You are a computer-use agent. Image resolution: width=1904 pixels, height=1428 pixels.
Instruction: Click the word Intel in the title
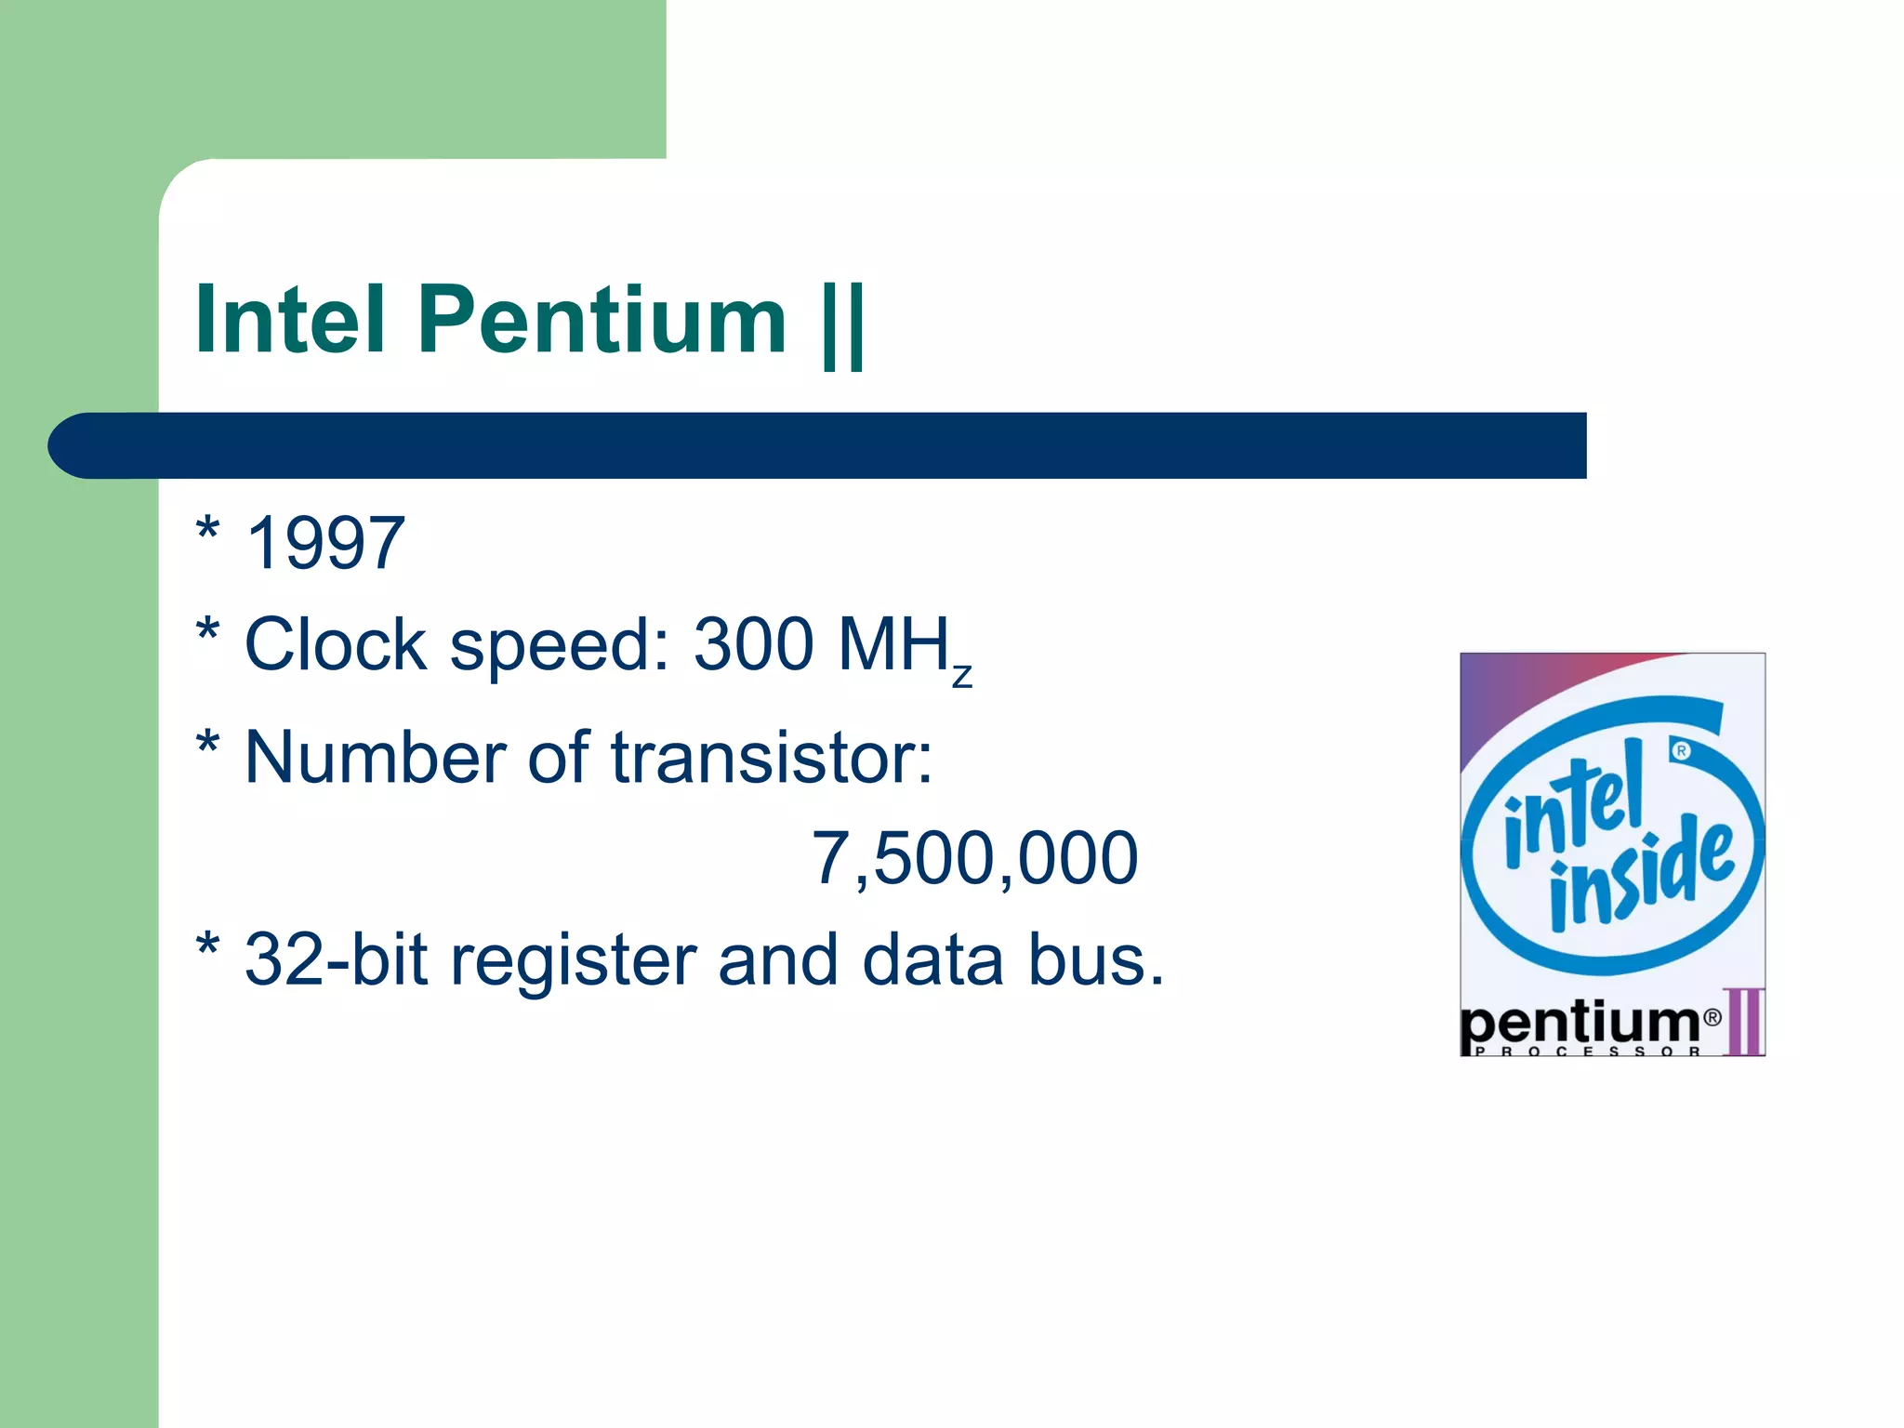click(290, 320)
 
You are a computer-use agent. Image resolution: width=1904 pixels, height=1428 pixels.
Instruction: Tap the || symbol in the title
click(844, 325)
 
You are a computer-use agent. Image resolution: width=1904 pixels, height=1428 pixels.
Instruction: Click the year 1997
click(325, 543)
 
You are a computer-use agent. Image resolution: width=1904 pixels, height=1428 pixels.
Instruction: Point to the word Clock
click(335, 643)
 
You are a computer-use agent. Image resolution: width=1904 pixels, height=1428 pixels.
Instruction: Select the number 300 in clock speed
click(754, 643)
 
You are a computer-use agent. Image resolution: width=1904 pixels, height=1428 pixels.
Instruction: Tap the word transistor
click(772, 758)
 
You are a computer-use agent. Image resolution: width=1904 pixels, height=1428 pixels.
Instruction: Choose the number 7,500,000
click(974, 857)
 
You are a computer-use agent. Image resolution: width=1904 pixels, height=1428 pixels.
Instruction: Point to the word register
click(574, 961)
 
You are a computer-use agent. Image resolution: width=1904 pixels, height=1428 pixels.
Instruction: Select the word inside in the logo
click(1641, 874)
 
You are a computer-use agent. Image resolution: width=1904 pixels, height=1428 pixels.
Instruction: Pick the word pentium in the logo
click(1580, 1024)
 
